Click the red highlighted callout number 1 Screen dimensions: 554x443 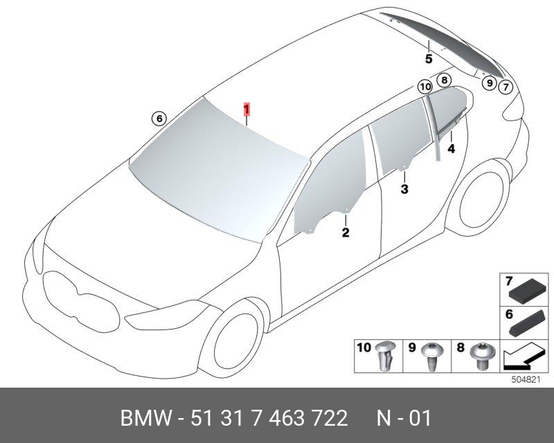point(247,109)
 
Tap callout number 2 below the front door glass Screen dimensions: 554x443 point(345,233)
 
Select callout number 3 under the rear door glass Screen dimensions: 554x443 point(404,189)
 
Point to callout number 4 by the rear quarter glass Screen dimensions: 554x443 point(452,149)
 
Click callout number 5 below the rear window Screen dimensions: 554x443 point(429,59)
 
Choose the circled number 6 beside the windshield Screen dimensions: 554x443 point(159,118)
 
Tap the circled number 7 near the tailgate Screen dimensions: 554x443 point(506,87)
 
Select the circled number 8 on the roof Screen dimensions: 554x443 point(444,80)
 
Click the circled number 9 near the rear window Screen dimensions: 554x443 point(490,83)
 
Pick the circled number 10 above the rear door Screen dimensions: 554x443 point(425,87)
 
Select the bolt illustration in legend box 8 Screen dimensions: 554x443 point(480,356)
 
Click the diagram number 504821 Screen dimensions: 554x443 point(526,380)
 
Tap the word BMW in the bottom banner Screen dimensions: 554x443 point(147,418)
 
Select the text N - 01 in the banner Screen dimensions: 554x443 point(404,418)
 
